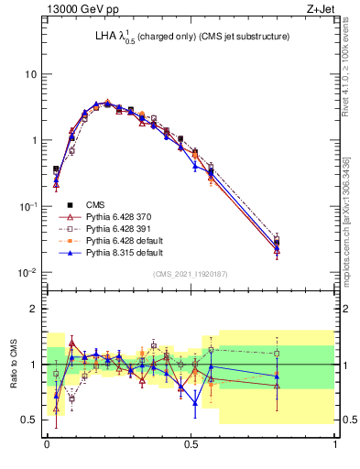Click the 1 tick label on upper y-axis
click(34, 141)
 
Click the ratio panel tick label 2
click(34, 309)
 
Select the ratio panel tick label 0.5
click(29, 420)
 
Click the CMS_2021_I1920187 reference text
click(191, 274)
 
